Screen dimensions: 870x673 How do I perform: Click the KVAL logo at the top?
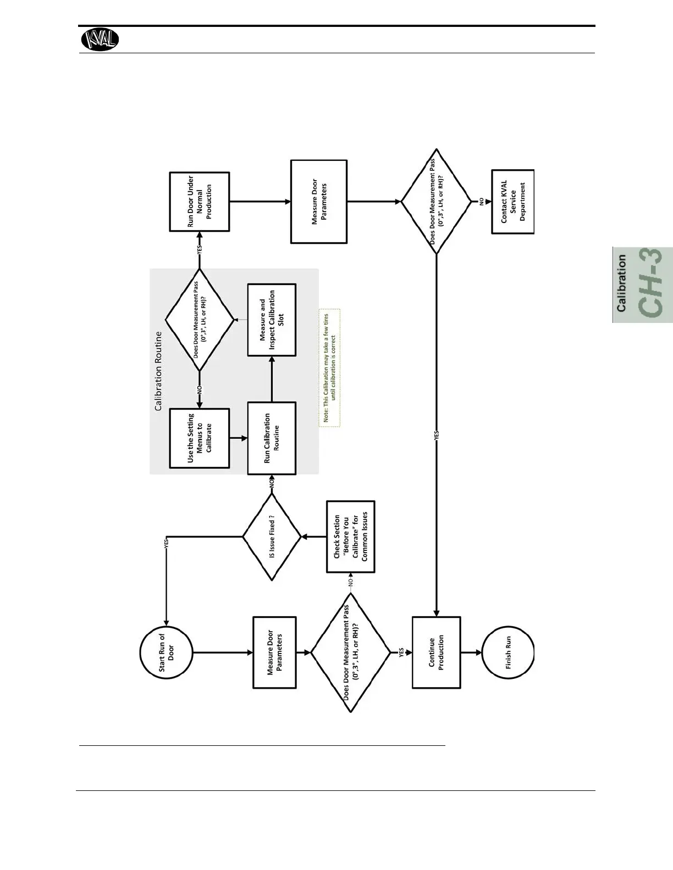(100, 40)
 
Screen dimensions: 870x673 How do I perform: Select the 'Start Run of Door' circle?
(166, 652)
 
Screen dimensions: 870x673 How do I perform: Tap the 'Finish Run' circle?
(508, 652)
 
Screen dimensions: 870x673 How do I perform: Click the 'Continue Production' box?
(436, 652)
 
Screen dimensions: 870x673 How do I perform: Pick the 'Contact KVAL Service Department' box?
(512, 202)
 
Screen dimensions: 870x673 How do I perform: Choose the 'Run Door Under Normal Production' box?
(199, 202)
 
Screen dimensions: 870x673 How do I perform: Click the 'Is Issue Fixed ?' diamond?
(272, 537)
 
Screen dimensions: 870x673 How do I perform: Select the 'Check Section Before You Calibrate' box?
(350, 537)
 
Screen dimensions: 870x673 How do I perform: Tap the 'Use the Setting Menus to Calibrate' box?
(199, 438)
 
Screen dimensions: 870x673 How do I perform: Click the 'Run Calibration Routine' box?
(272, 438)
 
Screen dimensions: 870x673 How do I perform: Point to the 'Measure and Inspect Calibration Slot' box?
(272, 320)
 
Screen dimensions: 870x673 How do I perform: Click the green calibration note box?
(329, 368)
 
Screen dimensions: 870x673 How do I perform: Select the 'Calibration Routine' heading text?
(158, 370)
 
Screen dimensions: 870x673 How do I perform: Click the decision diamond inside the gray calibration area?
(200, 320)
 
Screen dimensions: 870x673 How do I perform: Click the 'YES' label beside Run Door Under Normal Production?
(200, 249)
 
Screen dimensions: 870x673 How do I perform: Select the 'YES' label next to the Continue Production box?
(401, 652)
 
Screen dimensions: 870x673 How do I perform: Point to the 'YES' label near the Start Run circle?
(166, 543)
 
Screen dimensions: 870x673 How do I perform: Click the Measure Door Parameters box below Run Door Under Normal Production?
(319, 202)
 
